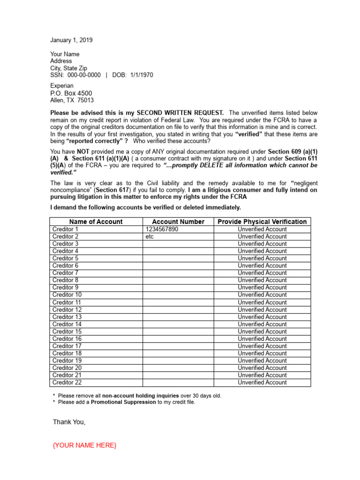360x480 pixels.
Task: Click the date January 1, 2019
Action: click(x=71, y=40)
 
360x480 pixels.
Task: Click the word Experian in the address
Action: click(x=62, y=86)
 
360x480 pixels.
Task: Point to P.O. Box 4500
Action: click(x=71, y=93)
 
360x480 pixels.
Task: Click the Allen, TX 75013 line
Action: click(x=72, y=100)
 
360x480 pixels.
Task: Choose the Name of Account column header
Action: click(x=96, y=222)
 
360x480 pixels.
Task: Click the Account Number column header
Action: click(x=178, y=222)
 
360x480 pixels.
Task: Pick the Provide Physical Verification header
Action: click(x=262, y=222)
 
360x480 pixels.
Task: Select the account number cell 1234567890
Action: click(x=162, y=229)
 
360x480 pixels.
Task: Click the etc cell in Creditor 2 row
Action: click(x=150, y=237)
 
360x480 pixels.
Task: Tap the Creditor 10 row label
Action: click(x=67, y=295)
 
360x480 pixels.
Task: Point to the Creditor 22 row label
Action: click(x=67, y=382)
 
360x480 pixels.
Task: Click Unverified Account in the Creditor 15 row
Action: click(x=262, y=331)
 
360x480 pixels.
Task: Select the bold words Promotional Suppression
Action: click(x=123, y=402)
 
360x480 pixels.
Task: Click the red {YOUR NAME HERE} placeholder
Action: click(x=84, y=445)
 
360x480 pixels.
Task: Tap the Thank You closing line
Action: click(x=69, y=422)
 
